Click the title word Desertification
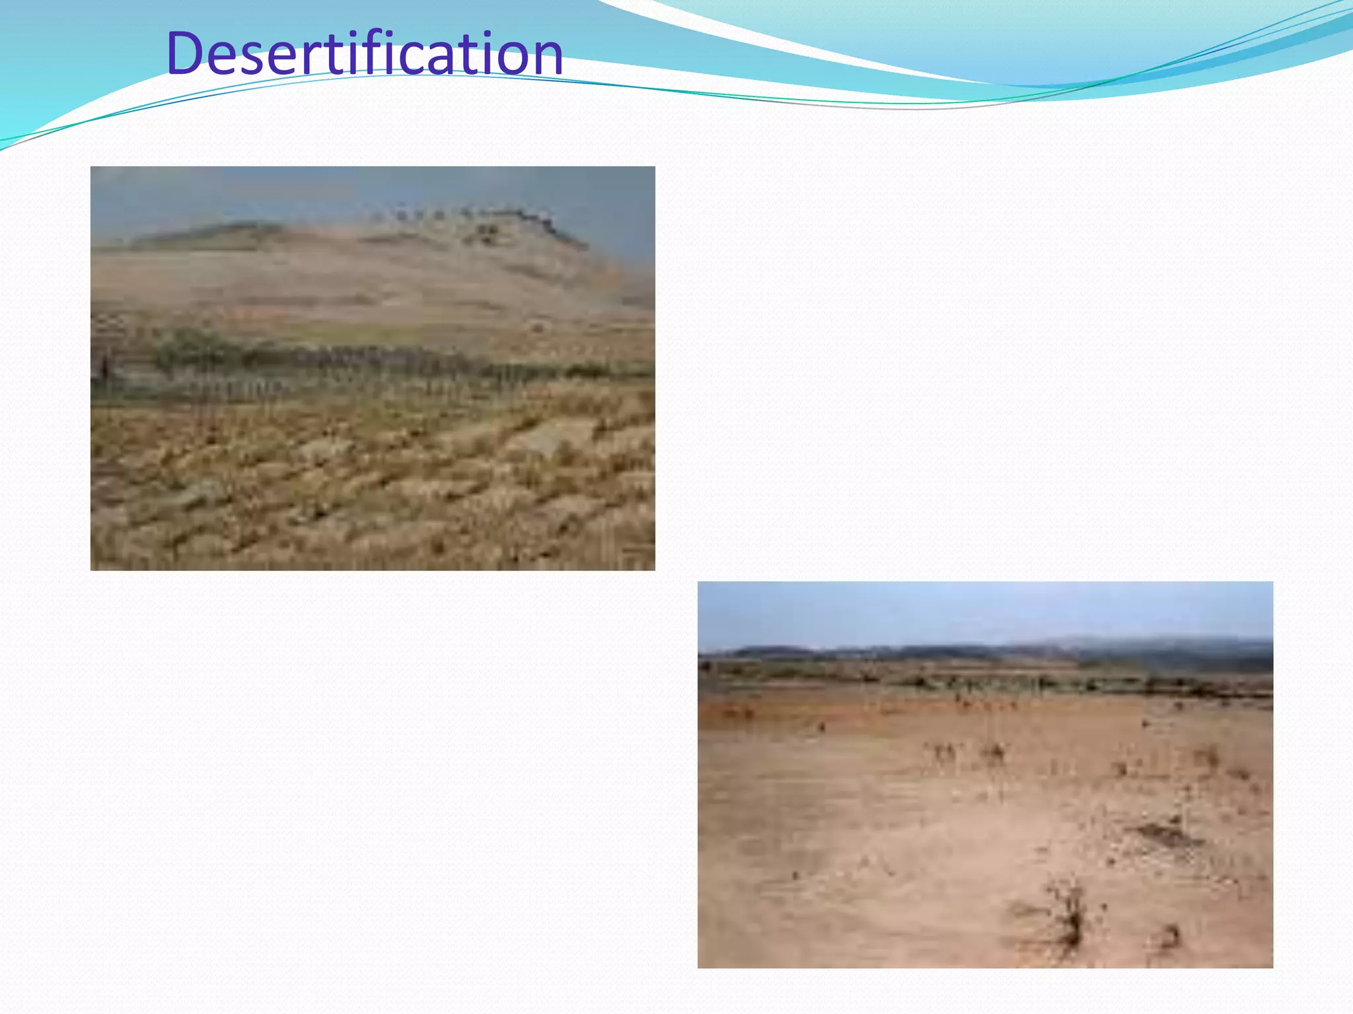pyautogui.click(x=365, y=53)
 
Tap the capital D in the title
pyautogui.click(x=188, y=53)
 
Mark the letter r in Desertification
pyautogui.click(x=328, y=58)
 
